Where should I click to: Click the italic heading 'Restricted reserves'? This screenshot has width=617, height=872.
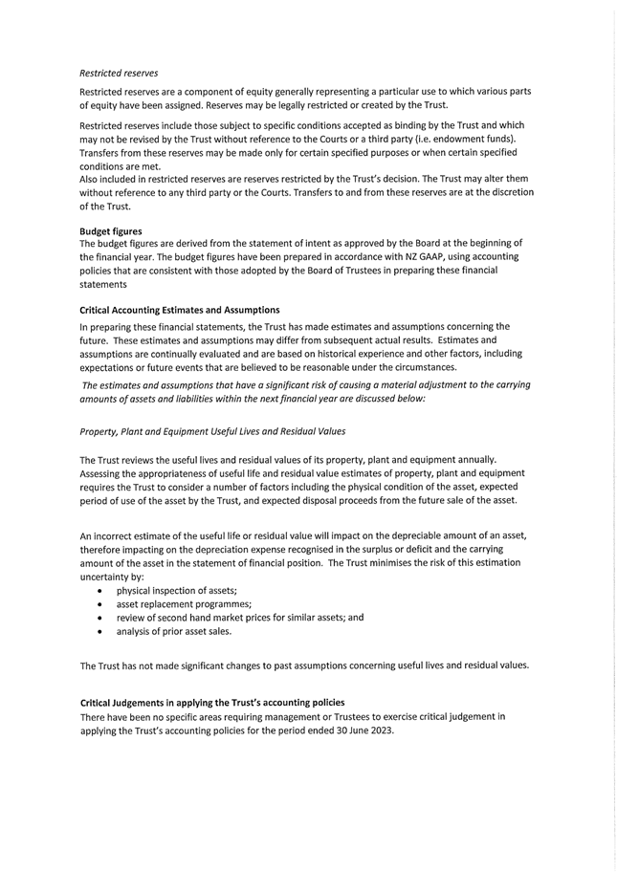pos(120,73)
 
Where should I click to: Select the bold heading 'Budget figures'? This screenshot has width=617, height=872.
pos(111,230)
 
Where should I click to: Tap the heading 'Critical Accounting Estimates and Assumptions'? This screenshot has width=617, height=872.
pos(180,310)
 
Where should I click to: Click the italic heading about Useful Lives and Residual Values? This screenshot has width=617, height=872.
pos(212,431)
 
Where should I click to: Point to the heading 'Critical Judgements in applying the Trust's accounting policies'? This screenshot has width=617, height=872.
pos(212,703)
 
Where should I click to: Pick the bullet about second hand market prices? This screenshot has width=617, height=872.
pos(240,618)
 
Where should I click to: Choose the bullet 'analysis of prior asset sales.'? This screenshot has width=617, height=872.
pos(174,631)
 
